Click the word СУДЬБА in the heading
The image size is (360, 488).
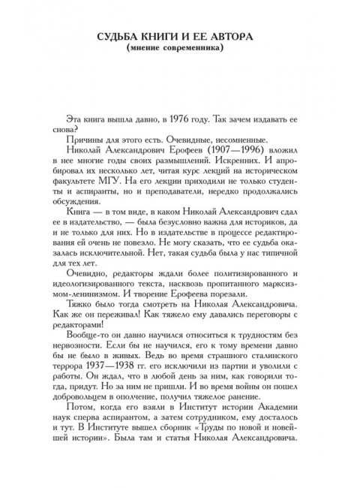tap(122, 38)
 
